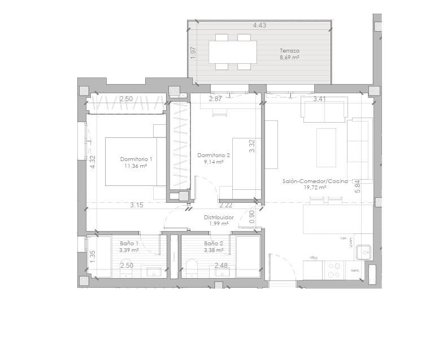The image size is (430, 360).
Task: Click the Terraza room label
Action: [x=289, y=50]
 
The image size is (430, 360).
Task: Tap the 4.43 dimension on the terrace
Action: [x=259, y=25]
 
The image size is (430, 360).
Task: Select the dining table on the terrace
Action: [x=232, y=52]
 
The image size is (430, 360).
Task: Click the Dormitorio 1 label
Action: [x=136, y=159]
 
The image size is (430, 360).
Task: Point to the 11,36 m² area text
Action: [x=136, y=166]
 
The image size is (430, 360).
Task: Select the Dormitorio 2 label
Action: [x=214, y=155]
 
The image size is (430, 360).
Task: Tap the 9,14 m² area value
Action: [x=214, y=162]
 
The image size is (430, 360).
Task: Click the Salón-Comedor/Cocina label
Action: [x=315, y=181]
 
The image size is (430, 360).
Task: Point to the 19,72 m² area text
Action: [x=315, y=188]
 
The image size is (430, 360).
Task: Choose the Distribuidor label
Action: [x=219, y=217]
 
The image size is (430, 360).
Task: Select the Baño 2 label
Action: [x=213, y=244]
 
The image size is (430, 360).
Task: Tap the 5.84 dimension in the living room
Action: [x=357, y=187]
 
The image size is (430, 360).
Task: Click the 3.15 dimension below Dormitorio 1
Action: [x=136, y=205]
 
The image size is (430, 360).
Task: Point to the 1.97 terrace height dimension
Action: [x=193, y=53]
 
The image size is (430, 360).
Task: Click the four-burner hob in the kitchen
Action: [x=334, y=270]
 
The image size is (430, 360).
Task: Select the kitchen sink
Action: [x=362, y=250]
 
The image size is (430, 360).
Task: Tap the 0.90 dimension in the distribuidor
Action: [x=252, y=215]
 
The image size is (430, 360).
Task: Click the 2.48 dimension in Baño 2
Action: [x=221, y=265]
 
